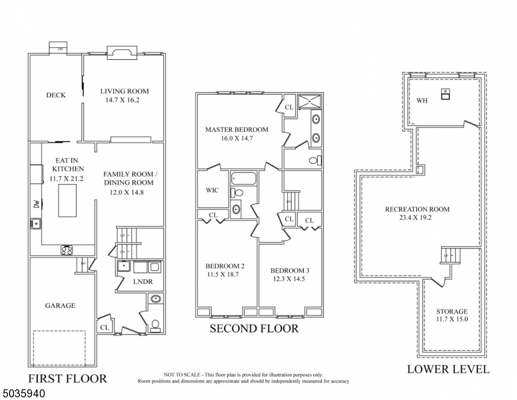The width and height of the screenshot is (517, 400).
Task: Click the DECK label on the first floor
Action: click(x=56, y=95)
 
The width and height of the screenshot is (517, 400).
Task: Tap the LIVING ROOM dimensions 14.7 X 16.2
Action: click(x=125, y=100)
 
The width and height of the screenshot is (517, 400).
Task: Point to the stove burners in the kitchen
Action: click(x=67, y=251)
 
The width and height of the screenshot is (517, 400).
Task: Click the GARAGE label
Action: click(x=60, y=305)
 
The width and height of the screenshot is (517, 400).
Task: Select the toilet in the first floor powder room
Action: click(x=155, y=326)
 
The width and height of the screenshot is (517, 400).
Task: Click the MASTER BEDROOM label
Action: click(x=237, y=129)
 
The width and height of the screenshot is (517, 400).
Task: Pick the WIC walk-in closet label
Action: click(x=212, y=190)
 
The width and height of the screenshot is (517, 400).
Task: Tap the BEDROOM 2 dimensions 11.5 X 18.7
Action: click(x=225, y=275)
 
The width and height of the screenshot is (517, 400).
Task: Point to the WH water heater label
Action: click(x=422, y=101)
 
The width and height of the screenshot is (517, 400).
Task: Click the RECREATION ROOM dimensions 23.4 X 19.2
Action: click(x=417, y=218)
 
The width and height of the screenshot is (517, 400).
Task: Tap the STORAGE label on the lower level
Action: click(x=452, y=311)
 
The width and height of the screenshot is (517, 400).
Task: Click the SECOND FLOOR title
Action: click(x=254, y=329)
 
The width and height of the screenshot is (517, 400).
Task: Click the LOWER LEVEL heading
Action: click(x=448, y=369)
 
